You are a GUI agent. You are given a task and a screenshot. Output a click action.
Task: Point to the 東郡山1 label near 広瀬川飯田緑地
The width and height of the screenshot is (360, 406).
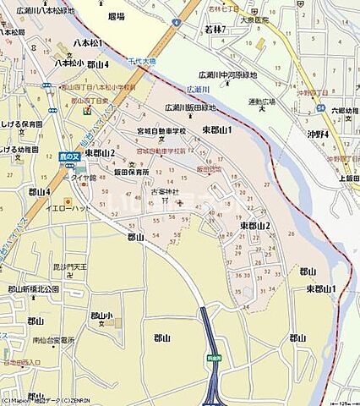coord(217,129)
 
